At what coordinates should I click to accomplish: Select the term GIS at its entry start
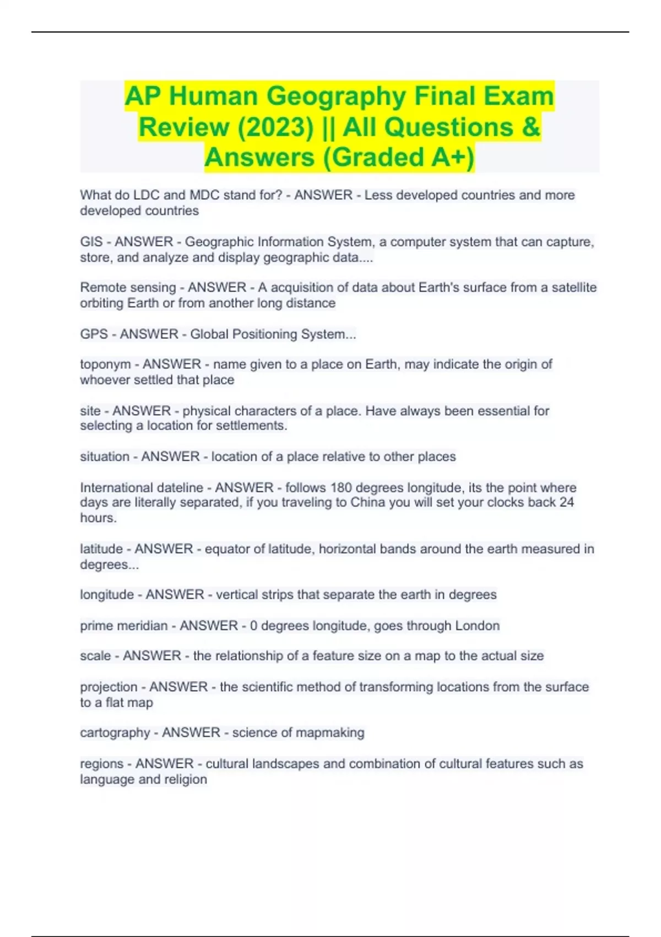point(91,242)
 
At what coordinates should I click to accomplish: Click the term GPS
point(94,334)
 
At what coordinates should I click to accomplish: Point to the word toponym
point(105,364)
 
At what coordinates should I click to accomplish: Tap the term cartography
point(115,733)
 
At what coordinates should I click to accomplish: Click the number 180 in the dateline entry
point(343,488)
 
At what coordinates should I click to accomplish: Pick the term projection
point(109,687)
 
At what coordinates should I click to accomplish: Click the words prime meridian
point(124,626)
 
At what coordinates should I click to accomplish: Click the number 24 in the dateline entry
point(566,503)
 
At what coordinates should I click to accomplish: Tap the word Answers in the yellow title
point(259,158)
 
